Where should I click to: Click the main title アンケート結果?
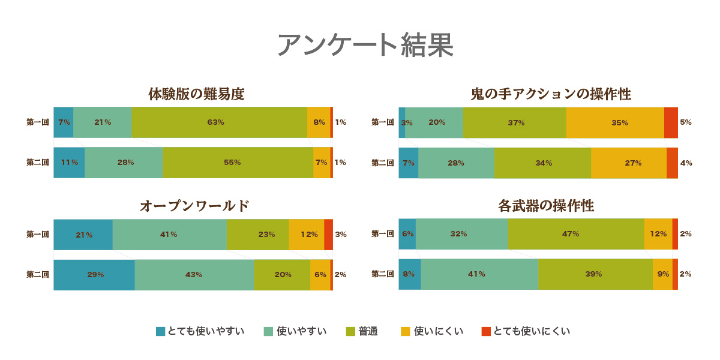365,45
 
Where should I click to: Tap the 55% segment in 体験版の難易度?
238,163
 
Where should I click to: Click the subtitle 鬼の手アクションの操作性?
550,94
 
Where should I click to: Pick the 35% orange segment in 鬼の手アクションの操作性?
615,122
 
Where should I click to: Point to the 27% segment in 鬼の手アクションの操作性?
628,163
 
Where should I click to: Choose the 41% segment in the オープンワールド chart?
169,235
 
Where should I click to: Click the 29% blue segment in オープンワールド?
94,275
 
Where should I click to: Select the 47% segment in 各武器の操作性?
575,234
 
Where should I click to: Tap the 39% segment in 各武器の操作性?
595,274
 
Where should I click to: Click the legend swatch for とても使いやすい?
160,331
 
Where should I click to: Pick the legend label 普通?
368,331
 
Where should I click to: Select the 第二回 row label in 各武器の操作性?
383,274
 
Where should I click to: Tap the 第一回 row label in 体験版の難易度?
38,122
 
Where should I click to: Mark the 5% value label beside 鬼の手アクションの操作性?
686,122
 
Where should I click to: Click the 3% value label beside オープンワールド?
341,235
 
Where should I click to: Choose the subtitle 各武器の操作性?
546,206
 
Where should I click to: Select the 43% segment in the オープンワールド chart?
194,275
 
